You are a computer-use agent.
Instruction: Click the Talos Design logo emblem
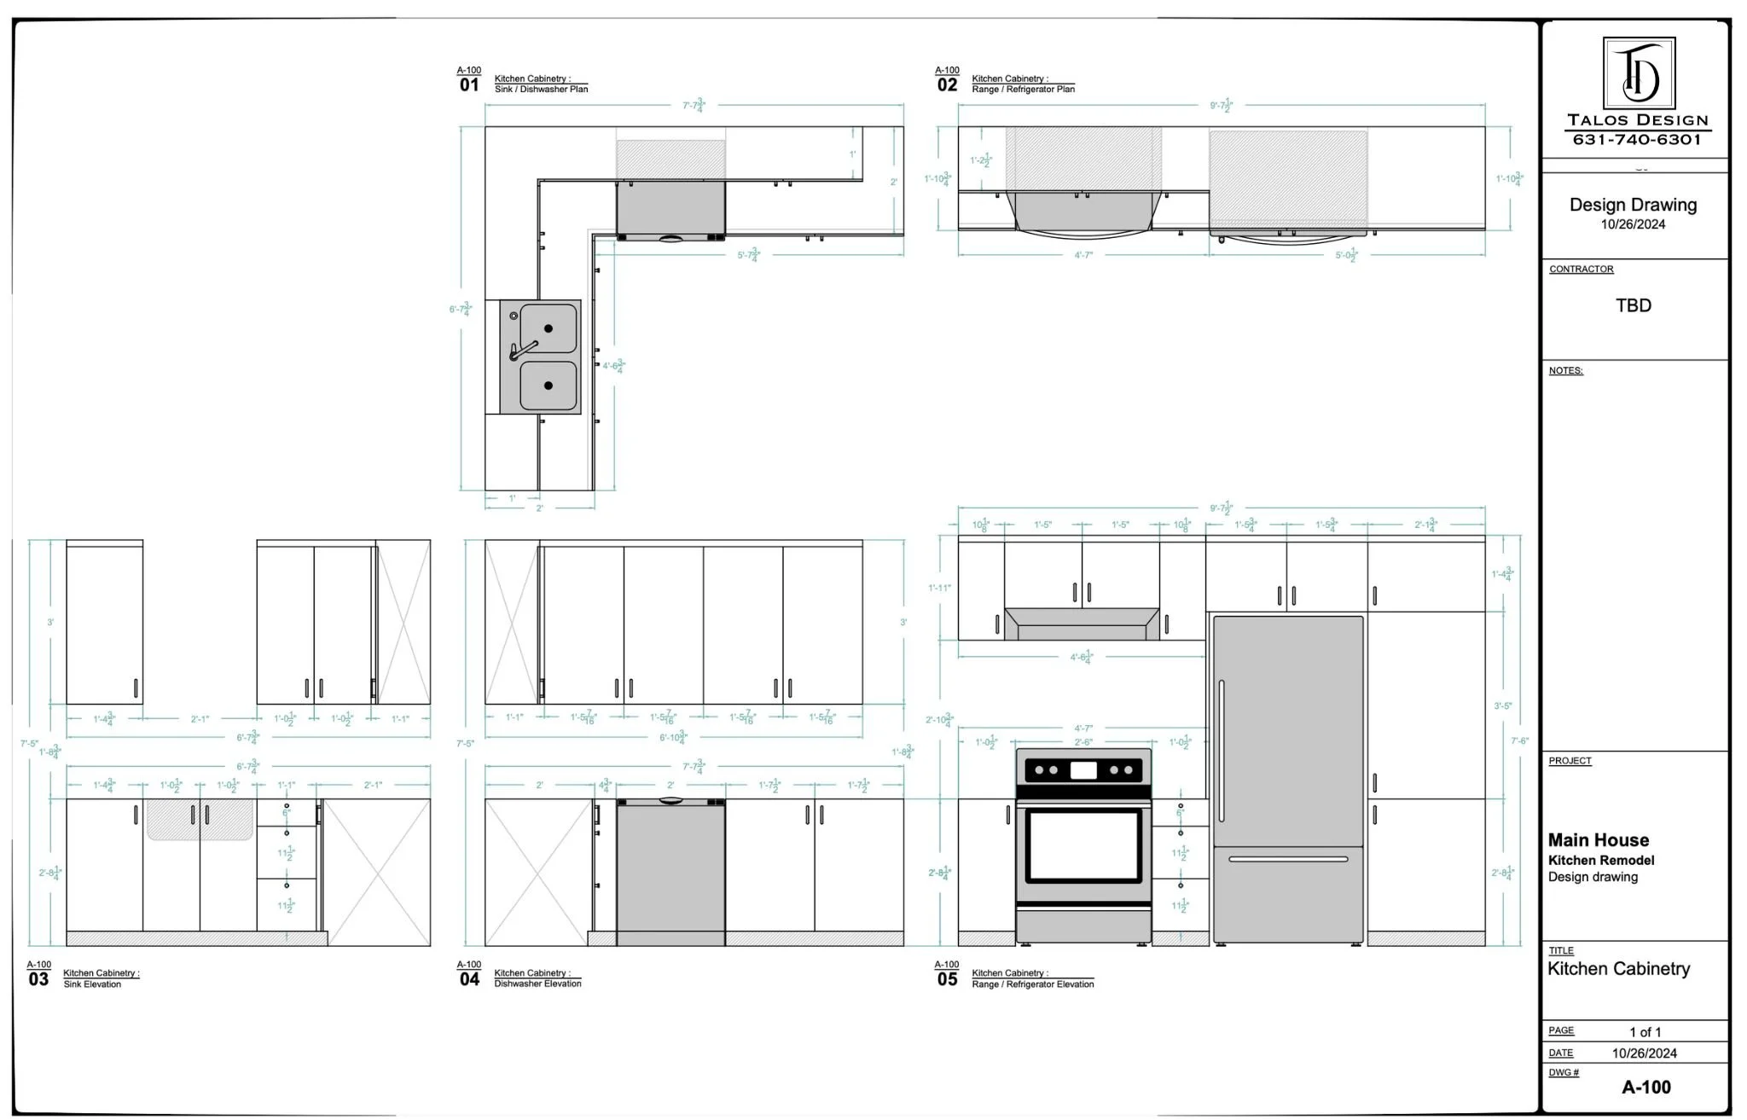coord(1638,73)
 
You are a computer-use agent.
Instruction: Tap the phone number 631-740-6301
coord(1637,140)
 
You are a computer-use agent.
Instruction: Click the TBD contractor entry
coord(1633,305)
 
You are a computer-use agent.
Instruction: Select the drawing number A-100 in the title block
coord(1645,1087)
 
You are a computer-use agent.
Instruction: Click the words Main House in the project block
coord(1598,840)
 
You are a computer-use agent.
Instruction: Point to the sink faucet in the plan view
coord(522,350)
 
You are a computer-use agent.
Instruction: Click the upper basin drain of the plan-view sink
coord(548,328)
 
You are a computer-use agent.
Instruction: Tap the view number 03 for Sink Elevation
coord(38,979)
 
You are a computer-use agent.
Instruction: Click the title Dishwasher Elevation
coord(537,984)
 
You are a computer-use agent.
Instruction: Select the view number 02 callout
coord(947,85)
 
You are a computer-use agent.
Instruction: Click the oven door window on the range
coord(1082,845)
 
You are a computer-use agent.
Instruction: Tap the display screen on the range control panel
coord(1082,770)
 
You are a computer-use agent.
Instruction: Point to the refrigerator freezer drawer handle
coord(1287,859)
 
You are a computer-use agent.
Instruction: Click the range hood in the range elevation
coord(1082,624)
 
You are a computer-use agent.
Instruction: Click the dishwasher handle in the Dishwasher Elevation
coord(670,801)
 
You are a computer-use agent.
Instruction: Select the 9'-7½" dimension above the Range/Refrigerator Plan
coord(1221,106)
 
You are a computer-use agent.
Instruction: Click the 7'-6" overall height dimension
coord(1519,740)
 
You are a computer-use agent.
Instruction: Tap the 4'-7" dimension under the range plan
coord(1082,255)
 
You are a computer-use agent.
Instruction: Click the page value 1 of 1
coord(1645,1032)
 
